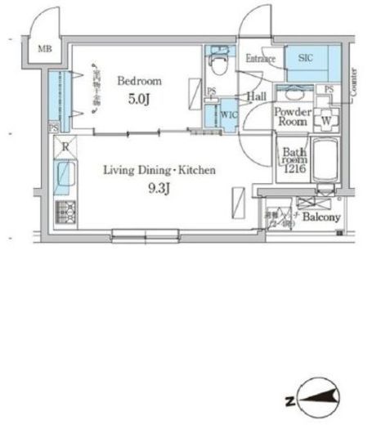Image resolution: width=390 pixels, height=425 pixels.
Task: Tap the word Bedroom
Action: coord(140,80)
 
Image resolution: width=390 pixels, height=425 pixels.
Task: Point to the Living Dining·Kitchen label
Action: coord(159,170)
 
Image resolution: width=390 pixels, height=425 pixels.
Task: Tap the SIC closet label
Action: coord(305,58)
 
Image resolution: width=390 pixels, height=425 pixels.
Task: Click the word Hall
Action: coord(257,97)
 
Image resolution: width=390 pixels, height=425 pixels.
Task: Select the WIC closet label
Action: coord(230,114)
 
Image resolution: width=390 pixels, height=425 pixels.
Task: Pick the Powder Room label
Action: coord(290,116)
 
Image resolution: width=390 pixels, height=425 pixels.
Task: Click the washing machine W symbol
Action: coord(326,119)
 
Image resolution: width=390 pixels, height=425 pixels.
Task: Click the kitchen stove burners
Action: coord(64,213)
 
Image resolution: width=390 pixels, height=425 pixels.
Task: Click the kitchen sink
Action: coord(64,176)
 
